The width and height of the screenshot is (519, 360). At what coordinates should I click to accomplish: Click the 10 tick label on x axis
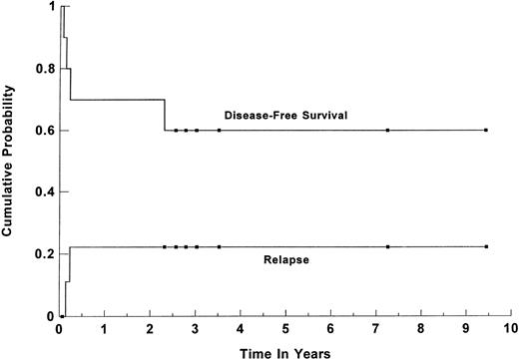(x=511, y=329)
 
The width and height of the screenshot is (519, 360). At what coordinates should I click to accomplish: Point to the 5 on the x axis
(x=285, y=329)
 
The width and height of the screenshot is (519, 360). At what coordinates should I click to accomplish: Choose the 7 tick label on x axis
(x=376, y=329)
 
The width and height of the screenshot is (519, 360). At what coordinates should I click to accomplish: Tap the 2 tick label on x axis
(x=150, y=329)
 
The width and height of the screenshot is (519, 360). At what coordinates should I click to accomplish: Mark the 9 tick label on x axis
(x=466, y=329)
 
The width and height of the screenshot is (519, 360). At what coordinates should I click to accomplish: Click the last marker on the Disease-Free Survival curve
(x=486, y=130)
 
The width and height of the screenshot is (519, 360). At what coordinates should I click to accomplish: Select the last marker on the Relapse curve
(x=486, y=246)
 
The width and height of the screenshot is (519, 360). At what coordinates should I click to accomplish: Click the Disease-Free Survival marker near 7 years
(x=387, y=130)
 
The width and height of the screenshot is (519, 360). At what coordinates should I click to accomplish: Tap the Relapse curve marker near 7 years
(x=387, y=246)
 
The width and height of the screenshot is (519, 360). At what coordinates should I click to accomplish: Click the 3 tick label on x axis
(x=195, y=329)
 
